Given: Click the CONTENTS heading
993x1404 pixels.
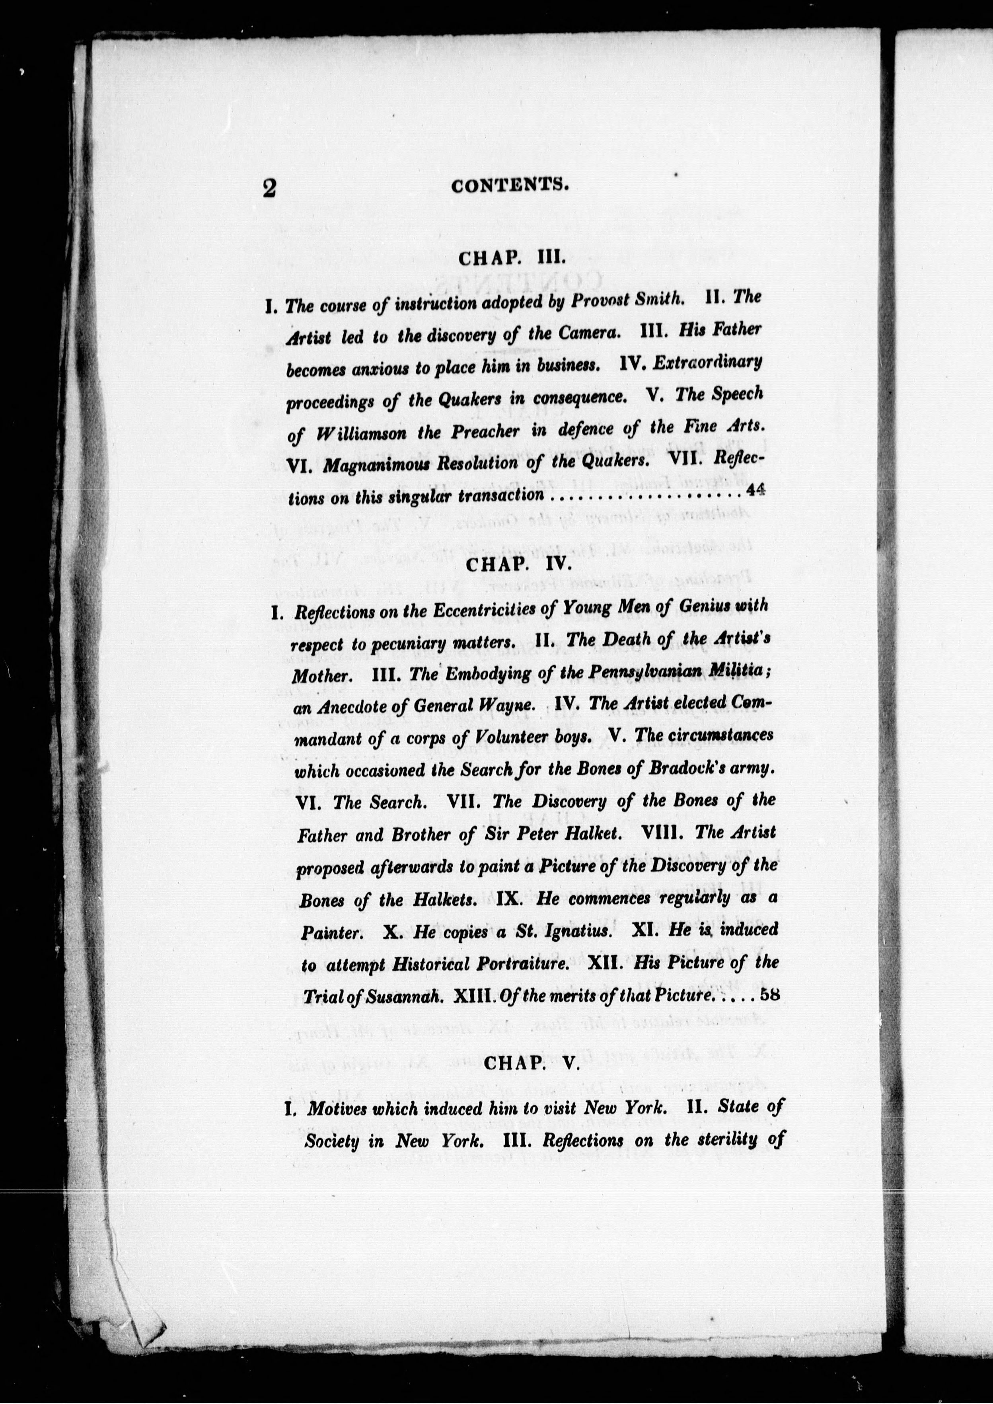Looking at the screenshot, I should [x=510, y=185].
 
